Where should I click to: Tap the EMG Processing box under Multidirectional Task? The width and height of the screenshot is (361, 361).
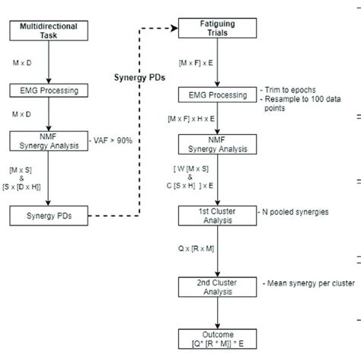48,90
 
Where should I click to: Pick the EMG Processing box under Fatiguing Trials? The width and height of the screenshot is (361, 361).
218,95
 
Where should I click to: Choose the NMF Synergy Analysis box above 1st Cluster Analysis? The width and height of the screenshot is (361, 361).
218,144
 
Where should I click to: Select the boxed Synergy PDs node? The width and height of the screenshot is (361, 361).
48,216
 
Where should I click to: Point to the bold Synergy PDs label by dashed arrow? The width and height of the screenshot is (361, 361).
136,78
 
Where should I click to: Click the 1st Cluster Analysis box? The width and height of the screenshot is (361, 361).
218,216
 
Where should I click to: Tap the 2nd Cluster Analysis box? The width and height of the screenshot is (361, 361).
218,287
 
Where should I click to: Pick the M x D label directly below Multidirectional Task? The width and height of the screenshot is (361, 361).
24,59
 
